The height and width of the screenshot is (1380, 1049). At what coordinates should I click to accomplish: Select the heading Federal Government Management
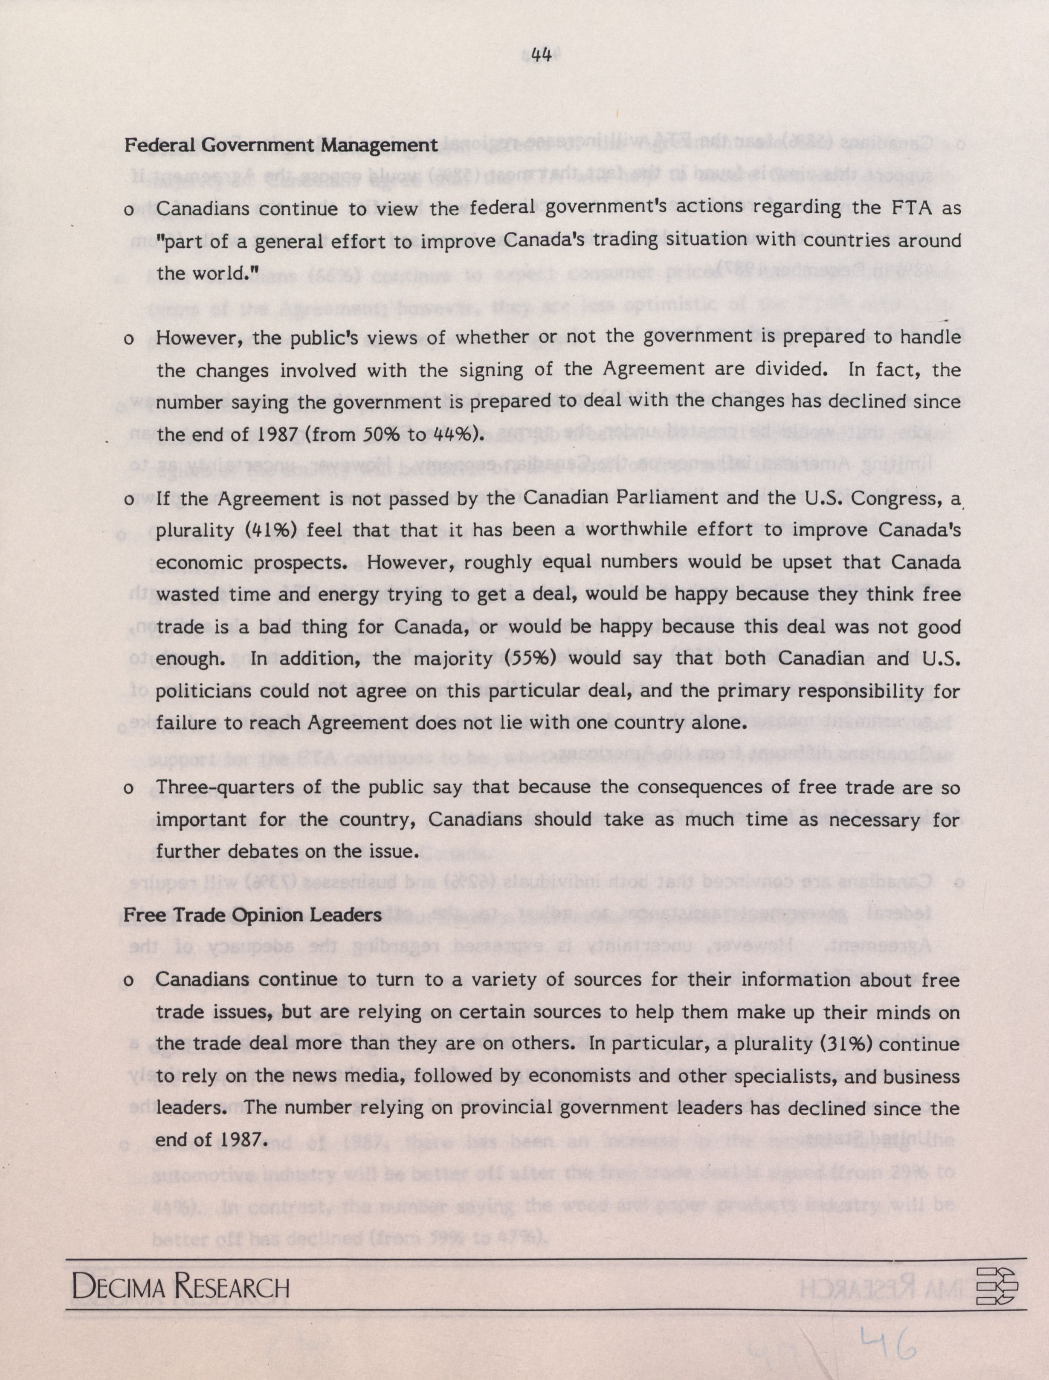tap(280, 145)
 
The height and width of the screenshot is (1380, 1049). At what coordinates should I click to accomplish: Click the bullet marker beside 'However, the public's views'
tap(129, 339)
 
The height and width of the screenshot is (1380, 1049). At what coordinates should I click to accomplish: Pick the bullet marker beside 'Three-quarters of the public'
tap(129, 789)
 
